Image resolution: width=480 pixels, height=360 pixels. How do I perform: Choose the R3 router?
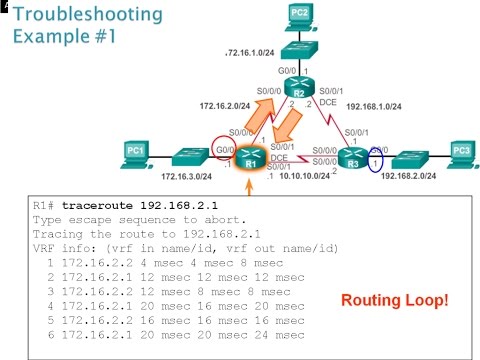[348, 157]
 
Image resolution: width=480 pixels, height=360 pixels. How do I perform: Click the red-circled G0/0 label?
[224, 148]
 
